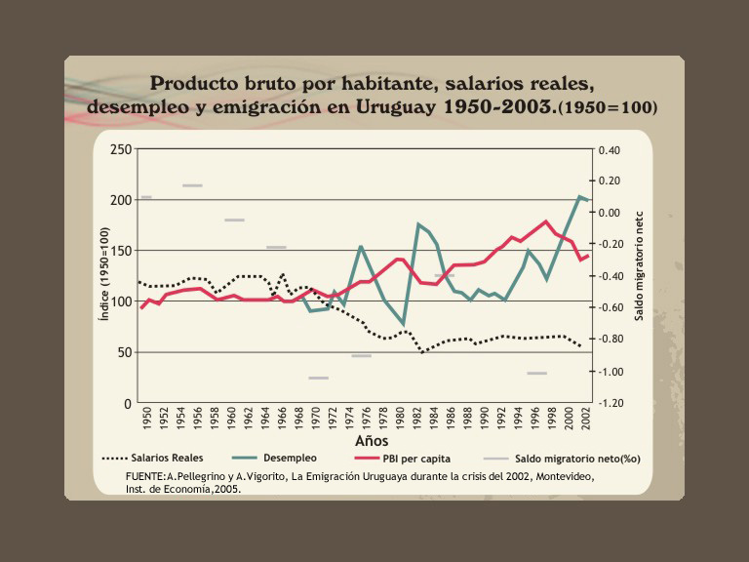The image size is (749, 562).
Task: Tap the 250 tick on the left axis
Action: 120,149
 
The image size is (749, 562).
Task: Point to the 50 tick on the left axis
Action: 124,352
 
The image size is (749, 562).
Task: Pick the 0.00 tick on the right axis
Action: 610,213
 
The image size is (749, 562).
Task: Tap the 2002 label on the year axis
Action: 585,419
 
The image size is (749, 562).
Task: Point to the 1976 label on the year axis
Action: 366,419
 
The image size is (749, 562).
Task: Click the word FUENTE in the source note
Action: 144,475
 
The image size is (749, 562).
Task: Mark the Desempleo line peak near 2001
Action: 581,196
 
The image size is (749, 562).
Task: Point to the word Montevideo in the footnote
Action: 561,475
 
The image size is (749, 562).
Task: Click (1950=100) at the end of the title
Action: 607,106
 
